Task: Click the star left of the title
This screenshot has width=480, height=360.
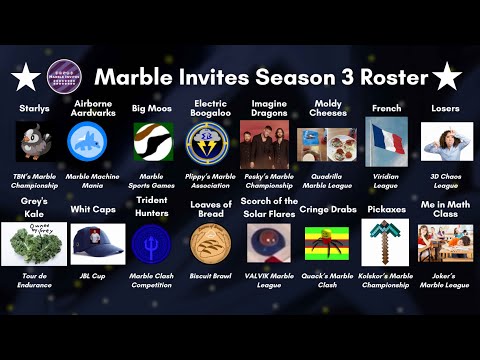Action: [24, 76]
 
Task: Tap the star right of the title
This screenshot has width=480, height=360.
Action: [446, 75]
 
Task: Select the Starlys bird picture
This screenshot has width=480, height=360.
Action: [34, 142]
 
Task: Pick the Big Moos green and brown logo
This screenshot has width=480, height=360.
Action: [152, 142]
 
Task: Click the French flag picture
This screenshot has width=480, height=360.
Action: [386, 142]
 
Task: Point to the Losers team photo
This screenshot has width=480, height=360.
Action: [446, 142]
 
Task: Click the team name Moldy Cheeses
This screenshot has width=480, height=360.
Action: [327, 107]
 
